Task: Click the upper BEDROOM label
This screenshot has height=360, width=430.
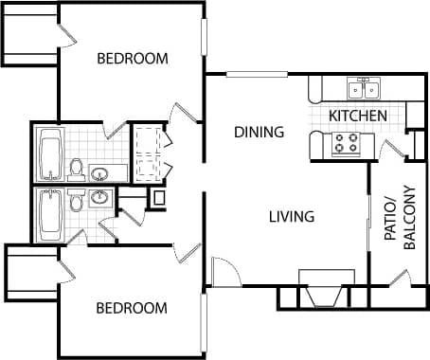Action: [133, 59]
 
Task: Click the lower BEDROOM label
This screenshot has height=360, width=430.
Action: [133, 308]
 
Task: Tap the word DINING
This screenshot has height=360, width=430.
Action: [259, 133]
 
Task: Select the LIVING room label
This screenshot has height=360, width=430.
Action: [291, 217]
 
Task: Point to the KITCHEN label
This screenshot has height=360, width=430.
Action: [357, 116]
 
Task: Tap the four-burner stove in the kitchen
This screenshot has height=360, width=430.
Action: [346, 143]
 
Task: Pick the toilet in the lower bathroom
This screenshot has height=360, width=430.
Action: [76, 199]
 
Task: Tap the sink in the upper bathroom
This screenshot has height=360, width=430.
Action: [99, 173]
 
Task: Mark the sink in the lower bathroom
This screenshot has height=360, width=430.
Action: [99, 197]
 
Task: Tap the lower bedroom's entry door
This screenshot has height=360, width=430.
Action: [186, 252]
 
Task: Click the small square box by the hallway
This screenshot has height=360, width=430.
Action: [158, 198]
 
